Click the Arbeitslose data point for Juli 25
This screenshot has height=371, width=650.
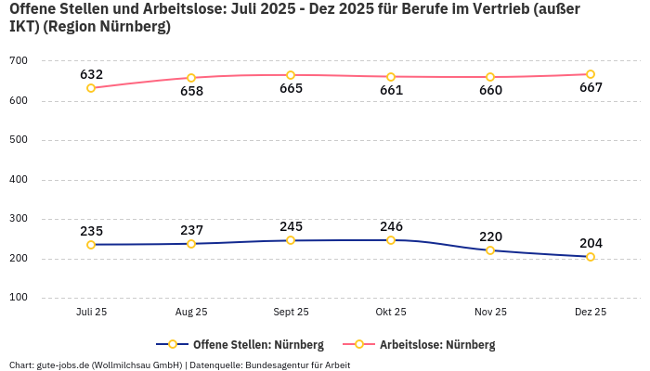click(x=91, y=88)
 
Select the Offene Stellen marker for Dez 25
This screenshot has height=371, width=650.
click(x=591, y=257)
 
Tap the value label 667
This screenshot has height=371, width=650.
click(x=591, y=88)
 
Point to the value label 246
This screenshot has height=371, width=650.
click(x=391, y=225)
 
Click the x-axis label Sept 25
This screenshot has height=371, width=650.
click(x=291, y=313)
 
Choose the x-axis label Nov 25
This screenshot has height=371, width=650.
click(x=490, y=313)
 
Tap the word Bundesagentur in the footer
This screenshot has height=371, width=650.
click(x=275, y=365)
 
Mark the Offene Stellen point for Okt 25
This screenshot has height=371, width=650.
click(x=391, y=240)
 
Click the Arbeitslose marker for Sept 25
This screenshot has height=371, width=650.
click(x=291, y=75)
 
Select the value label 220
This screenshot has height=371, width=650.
click(x=490, y=237)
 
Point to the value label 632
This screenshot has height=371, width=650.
click(x=91, y=74)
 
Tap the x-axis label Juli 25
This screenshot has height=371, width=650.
click(x=91, y=313)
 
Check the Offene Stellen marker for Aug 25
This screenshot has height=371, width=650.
click(x=191, y=244)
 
